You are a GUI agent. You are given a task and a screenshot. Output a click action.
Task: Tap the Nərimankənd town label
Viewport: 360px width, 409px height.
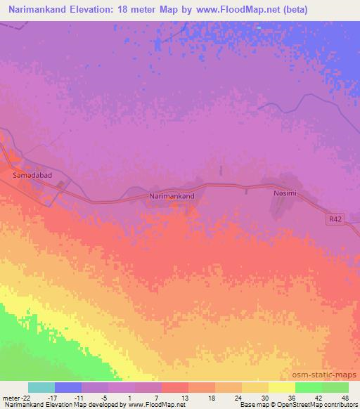pyautogui.click(x=172, y=197)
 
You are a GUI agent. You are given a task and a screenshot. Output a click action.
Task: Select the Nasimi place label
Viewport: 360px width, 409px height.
pyautogui.click(x=287, y=190)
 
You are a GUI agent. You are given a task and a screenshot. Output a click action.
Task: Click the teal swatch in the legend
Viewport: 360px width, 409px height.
pyautogui.click(x=41, y=387)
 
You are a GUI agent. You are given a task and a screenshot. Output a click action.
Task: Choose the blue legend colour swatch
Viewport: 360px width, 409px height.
pyautogui.click(x=68, y=387)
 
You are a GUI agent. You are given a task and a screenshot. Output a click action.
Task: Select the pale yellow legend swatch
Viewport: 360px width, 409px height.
pyautogui.click(x=282, y=387)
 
